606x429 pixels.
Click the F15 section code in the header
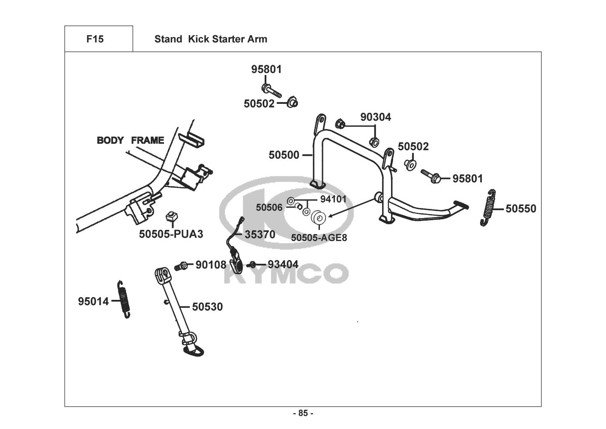click(x=95, y=39)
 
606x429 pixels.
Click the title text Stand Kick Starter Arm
click(x=211, y=39)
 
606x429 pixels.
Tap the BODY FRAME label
click(x=130, y=140)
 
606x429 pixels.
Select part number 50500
click(x=284, y=155)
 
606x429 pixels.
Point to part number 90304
click(x=376, y=117)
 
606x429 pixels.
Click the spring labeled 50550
click(x=489, y=208)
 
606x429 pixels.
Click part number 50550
click(x=521, y=208)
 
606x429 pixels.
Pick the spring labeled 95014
click(x=124, y=299)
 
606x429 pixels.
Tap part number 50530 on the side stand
click(x=208, y=307)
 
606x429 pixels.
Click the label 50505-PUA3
click(x=171, y=234)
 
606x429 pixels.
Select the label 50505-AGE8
click(x=319, y=238)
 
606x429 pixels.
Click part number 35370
click(x=260, y=234)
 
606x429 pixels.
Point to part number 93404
click(x=283, y=264)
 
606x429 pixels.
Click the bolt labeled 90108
click(x=181, y=266)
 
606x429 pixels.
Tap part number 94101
click(x=333, y=199)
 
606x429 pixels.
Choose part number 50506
click(x=269, y=207)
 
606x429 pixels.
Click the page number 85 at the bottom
click(x=303, y=413)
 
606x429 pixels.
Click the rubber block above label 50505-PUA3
click(x=171, y=216)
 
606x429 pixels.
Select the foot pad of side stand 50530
click(x=194, y=351)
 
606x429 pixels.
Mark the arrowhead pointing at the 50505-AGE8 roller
click(x=330, y=216)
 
